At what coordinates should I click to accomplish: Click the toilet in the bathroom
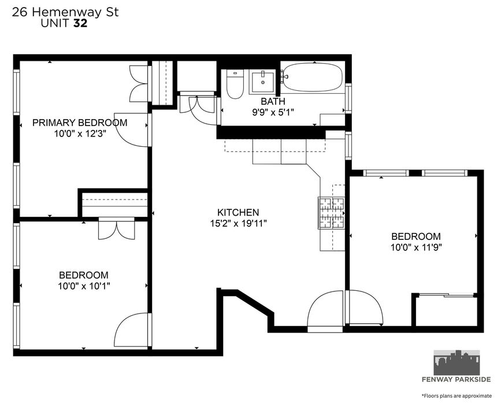tap(235, 84)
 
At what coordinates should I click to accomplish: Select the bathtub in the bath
tap(312, 77)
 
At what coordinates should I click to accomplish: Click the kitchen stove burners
tap(331, 213)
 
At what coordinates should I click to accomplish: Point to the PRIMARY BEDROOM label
tap(80, 123)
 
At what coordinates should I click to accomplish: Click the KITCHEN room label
tap(238, 212)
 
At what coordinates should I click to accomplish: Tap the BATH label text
tap(273, 101)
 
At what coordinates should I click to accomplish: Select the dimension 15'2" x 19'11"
tap(238, 224)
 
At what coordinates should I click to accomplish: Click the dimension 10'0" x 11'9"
tap(416, 247)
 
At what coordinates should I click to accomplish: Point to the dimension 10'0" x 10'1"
tap(84, 286)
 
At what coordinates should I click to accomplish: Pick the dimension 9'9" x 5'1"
tap(273, 112)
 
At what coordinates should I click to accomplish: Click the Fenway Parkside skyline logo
tap(457, 363)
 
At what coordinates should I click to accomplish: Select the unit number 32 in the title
tap(80, 23)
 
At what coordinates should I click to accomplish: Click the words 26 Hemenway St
tap(65, 12)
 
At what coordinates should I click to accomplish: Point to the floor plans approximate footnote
tap(457, 395)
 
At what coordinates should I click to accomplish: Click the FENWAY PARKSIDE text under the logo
tap(457, 379)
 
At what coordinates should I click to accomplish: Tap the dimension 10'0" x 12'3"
tap(80, 134)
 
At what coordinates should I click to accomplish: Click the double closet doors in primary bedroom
tap(139, 84)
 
